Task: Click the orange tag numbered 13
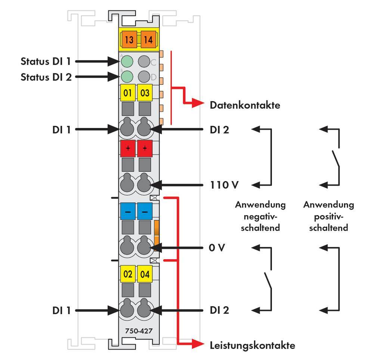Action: pyautogui.click(x=129, y=40)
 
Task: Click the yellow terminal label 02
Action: pyautogui.click(x=128, y=274)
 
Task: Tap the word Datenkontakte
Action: pyautogui.click(x=245, y=105)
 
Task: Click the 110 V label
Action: pyautogui.click(x=224, y=185)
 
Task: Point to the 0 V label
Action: pyautogui.click(x=217, y=248)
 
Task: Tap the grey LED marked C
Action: pyautogui.click(x=144, y=61)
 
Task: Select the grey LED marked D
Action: pyautogui.click(x=144, y=77)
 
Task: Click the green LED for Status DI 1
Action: pyautogui.click(x=127, y=61)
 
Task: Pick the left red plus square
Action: pyautogui.click(x=128, y=149)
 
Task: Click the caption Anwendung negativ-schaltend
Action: pyautogui.click(x=260, y=216)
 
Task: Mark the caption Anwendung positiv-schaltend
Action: pyautogui.click(x=328, y=216)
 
